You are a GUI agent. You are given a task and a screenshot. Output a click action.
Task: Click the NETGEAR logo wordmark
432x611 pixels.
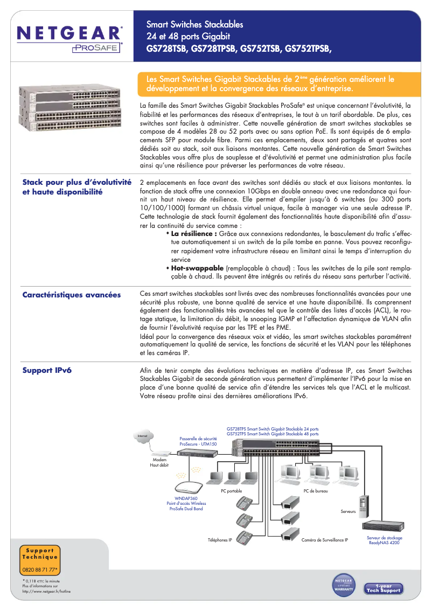pos(69,33)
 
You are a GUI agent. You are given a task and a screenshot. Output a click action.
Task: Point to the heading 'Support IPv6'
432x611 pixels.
pos(47,370)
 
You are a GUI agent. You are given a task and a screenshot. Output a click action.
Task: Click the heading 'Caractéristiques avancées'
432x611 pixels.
pos(72,295)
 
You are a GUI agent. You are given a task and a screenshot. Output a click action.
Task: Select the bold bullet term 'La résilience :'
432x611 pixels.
pos(193,234)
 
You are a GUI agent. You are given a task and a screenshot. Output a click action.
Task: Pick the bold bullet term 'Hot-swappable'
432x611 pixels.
pos(197,268)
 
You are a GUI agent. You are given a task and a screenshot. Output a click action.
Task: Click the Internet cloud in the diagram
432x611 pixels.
pos(143,436)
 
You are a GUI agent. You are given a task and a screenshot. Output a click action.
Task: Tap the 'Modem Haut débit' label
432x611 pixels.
pos(159,462)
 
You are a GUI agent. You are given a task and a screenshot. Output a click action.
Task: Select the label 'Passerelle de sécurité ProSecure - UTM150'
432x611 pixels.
pos(198,442)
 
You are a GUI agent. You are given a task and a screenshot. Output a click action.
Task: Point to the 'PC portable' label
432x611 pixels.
pos(232,491)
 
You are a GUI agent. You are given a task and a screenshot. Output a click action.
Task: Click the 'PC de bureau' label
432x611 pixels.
pos(316,491)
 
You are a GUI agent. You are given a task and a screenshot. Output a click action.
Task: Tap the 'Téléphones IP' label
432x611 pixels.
pos(220,539)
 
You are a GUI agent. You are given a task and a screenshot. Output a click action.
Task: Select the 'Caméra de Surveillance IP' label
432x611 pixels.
pos(325,539)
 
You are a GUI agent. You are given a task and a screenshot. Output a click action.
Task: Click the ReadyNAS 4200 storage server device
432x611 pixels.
pos(384,526)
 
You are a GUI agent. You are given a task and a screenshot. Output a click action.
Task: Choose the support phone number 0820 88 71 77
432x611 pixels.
pos(40,570)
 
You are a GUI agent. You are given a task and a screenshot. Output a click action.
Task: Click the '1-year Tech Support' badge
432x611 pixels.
pos(384,588)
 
